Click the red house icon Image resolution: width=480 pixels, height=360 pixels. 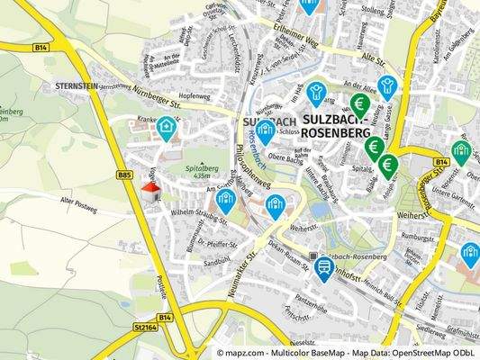150,189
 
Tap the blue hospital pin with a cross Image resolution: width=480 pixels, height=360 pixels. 167,129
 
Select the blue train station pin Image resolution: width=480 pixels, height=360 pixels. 322,265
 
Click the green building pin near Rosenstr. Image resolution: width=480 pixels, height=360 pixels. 461,151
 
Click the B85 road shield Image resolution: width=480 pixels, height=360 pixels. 124,175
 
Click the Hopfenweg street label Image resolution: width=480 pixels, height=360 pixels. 195,94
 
